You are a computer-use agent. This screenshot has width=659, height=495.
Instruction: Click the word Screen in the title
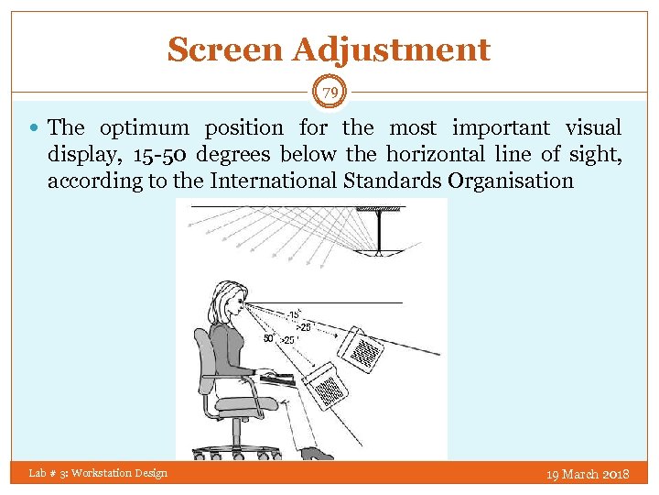coord(224,49)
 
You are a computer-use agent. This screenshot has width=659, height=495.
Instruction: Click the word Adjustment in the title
coord(392,49)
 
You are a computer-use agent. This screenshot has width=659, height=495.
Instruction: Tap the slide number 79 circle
coord(329,92)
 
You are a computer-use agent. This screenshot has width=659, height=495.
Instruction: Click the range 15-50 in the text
coord(146,155)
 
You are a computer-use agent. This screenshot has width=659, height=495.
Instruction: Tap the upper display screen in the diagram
coord(363,348)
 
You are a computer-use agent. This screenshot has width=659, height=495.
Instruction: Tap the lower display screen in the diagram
coord(327,386)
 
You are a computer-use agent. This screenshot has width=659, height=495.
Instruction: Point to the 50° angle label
coord(269,338)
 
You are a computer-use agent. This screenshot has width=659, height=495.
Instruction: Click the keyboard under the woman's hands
coord(278,377)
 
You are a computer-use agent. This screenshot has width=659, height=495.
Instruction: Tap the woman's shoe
coord(316,453)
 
